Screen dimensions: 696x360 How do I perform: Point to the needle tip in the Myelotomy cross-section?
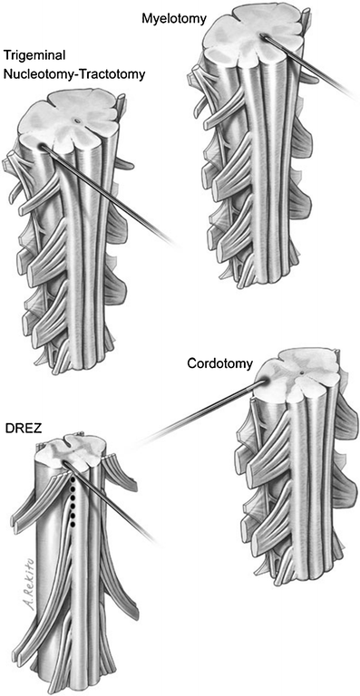[263, 38]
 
